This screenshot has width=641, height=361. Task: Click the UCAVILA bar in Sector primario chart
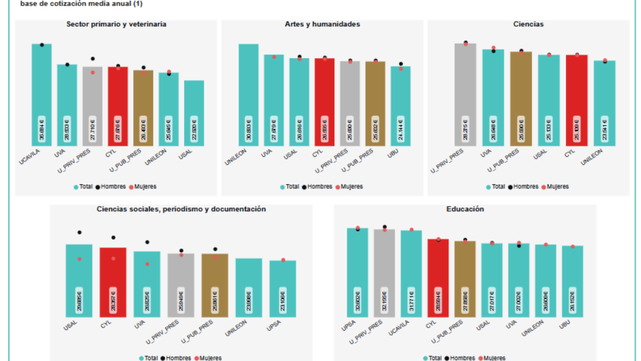click(x=42, y=94)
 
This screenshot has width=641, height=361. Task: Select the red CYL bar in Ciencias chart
click(x=577, y=100)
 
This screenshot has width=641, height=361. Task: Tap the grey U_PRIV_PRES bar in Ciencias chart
click(x=465, y=94)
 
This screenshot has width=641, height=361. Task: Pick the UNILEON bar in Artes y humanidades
click(x=249, y=94)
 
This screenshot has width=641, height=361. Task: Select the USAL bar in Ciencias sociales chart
click(x=79, y=280)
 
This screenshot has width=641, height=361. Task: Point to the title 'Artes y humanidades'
click(x=322, y=24)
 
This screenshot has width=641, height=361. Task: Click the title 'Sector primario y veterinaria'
click(x=116, y=24)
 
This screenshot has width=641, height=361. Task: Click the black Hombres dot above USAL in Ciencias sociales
click(x=79, y=233)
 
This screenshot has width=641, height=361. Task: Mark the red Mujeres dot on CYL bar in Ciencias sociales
click(x=113, y=258)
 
